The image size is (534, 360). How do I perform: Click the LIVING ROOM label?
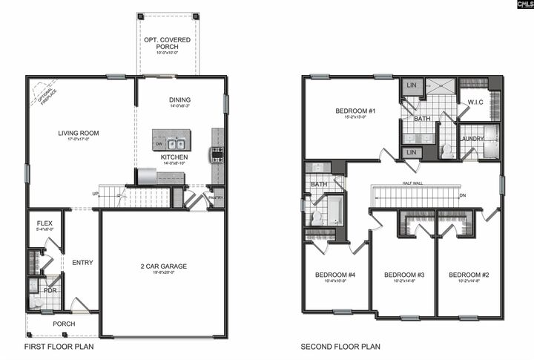point(79,134)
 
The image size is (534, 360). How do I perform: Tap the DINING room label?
point(179,99)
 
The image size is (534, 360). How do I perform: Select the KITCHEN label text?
point(174,157)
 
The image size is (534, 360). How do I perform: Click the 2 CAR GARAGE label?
point(164,266)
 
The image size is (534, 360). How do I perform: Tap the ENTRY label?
point(82,262)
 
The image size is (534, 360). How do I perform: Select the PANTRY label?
point(216,198)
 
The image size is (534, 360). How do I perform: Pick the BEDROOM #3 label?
point(403,275)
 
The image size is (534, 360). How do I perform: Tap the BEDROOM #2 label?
point(469,275)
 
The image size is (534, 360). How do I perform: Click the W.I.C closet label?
point(475,102)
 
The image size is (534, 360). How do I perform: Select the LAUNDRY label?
point(472,138)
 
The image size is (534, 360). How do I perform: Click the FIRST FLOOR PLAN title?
point(59,347)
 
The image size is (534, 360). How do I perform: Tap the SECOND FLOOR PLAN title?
point(340,347)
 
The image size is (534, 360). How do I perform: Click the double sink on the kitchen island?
point(176,144)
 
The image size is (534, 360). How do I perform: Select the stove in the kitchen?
point(217,154)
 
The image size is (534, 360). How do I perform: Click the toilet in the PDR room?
point(36,301)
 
